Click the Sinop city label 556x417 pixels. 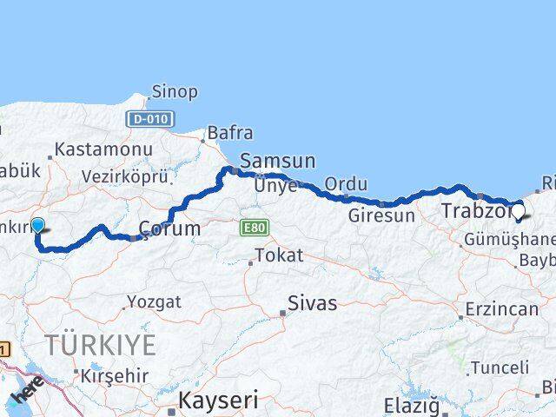pos(175,91)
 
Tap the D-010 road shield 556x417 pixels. pos(149,119)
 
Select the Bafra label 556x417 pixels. pos(230,134)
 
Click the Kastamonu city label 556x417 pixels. pos(103,149)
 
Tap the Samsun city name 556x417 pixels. pos(277,160)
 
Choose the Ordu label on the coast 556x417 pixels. pos(346,184)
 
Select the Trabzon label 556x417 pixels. pos(474,210)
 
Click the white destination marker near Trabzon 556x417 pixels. pos(519,210)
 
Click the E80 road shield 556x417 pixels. pos(254,228)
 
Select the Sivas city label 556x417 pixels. pos(313,304)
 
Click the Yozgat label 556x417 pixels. pos(155,301)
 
